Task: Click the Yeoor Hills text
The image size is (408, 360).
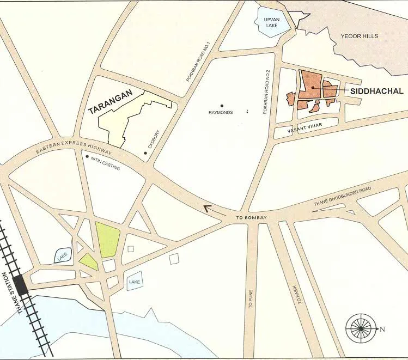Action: (359, 36)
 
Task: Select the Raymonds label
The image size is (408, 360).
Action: (221, 113)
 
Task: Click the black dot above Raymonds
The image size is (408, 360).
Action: (222, 106)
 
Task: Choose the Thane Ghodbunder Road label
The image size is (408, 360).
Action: (342, 197)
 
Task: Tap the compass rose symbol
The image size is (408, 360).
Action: (360, 328)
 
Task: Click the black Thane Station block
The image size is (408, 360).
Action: (21, 285)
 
